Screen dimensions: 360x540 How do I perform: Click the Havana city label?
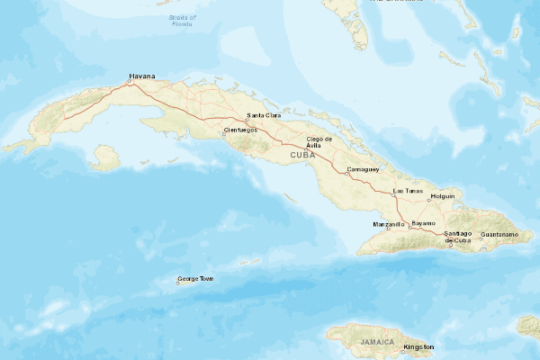coord(142,76)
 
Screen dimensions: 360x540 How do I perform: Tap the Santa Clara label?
coord(264,116)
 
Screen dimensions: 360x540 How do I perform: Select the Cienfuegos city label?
coord(240,130)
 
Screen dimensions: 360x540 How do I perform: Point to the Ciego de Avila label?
coord(320,142)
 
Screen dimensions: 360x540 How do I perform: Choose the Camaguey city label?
coord(364,169)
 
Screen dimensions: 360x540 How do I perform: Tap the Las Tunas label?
coord(409,191)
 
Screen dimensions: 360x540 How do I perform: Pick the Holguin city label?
coord(444,195)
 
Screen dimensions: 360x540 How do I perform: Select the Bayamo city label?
coord(424,222)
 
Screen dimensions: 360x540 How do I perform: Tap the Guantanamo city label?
coord(500,234)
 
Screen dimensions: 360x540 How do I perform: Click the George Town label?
coord(196,279)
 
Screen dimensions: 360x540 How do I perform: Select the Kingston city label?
coord(418,346)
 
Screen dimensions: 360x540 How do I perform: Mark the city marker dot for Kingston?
coord(402,349)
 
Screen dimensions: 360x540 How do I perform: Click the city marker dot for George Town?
coord(178,283)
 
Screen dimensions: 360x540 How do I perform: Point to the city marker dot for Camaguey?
coord(348,173)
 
